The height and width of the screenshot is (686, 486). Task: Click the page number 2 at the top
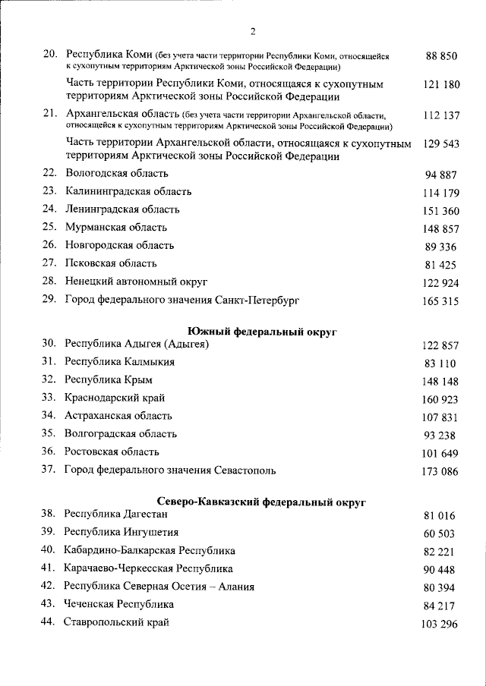tap(253, 31)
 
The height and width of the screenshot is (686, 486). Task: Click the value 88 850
tap(441, 57)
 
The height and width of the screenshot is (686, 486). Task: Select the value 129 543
tap(441, 144)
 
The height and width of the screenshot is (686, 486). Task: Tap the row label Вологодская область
tap(116, 173)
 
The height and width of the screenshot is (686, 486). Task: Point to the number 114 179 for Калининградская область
tap(441, 193)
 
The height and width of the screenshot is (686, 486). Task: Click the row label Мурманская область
tap(116, 228)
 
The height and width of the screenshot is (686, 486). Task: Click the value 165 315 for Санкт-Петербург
tap(441, 301)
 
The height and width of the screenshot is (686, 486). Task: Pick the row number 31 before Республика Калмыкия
tap(49, 362)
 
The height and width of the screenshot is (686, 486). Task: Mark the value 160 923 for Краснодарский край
tap(441, 398)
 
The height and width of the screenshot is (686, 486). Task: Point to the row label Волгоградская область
tap(121, 434)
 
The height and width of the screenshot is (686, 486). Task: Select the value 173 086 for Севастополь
tap(441, 471)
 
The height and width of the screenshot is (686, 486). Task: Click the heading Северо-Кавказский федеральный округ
tap(261, 502)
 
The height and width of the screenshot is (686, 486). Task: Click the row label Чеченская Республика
tap(119, 605)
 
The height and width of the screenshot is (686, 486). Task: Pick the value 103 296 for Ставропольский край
tap(441, 624)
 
